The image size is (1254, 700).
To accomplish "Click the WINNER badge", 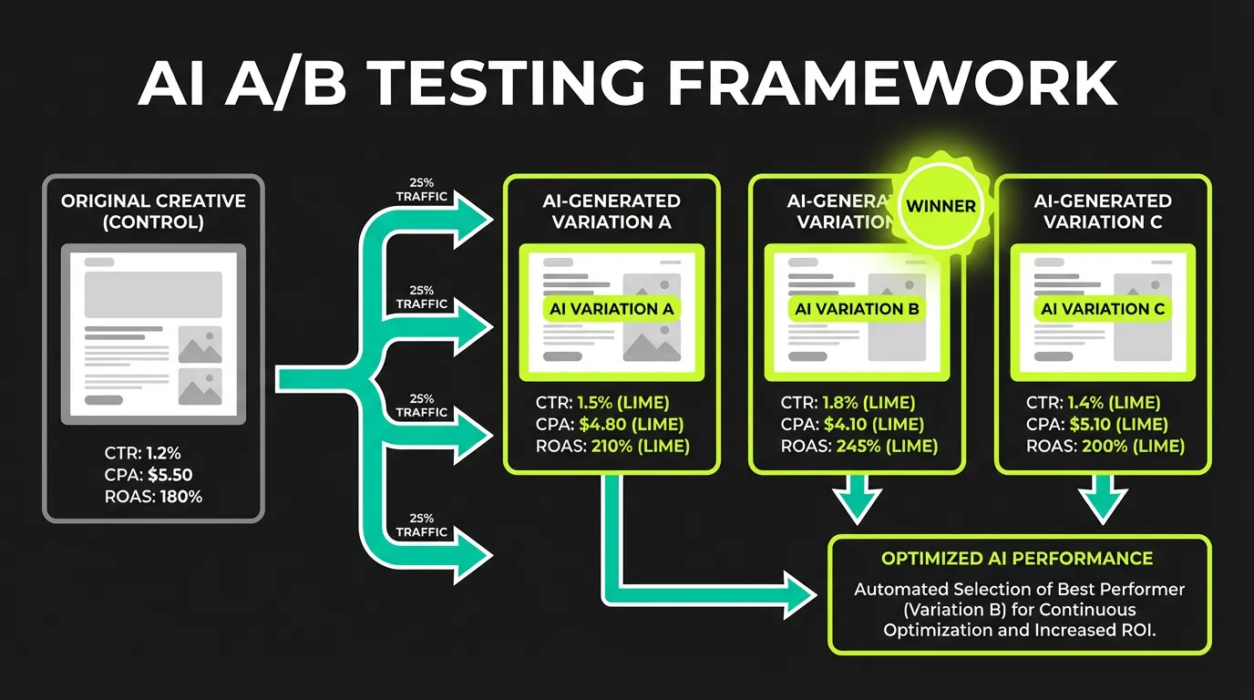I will pos(940,207).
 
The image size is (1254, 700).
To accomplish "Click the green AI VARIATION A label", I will pos(612,309).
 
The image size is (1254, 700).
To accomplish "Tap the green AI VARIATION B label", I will pos(857,309).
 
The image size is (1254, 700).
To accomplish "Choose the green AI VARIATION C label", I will pos(1103,309).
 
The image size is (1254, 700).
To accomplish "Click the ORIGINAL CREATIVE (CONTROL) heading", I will pos(153,211).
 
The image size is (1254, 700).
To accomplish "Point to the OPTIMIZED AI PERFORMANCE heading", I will pos(1017,559).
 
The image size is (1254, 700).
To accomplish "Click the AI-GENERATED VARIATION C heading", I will pos(1103,211).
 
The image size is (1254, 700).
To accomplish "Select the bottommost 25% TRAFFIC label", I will pos(422,525).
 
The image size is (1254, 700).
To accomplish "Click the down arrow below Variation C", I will pos(1103,501).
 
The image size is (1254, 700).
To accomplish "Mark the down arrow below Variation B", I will pos(858,501).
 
